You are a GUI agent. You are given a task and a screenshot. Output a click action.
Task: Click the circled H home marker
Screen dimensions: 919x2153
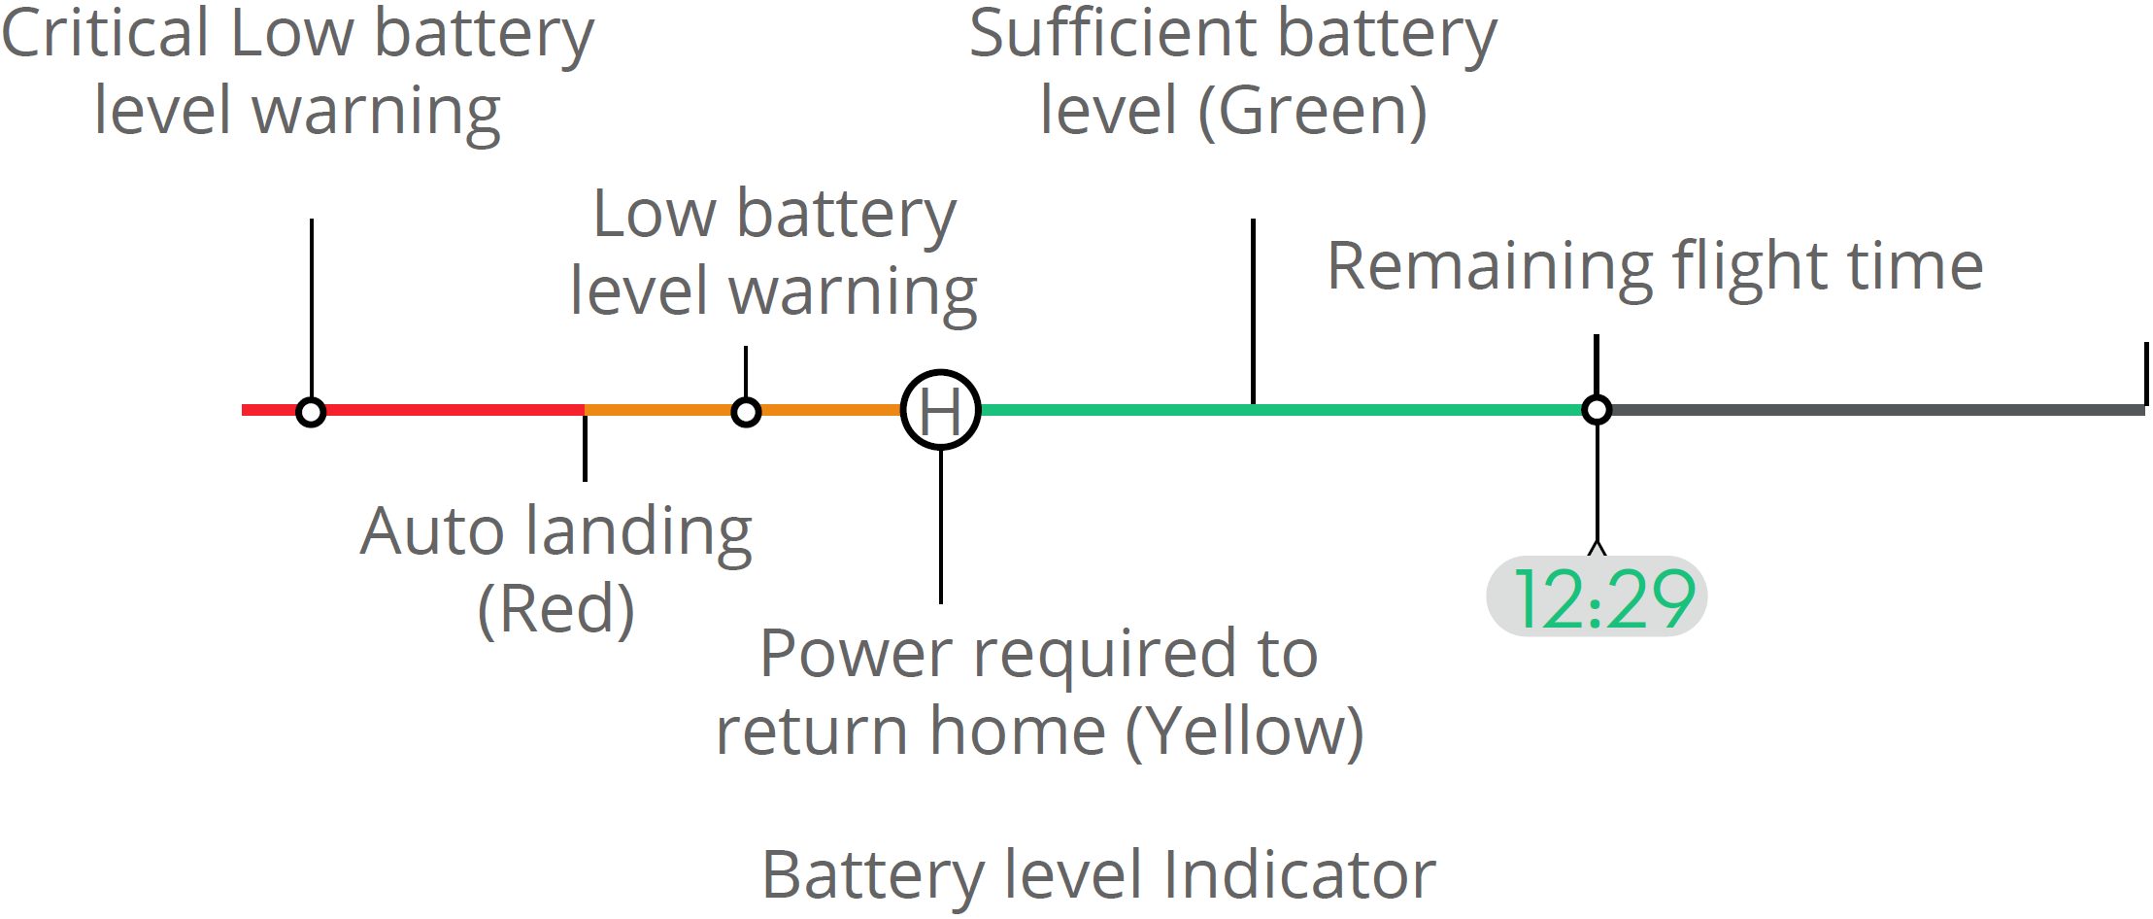pos(940,410)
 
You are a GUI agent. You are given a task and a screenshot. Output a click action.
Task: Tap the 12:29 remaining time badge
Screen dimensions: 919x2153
pos(1597,597)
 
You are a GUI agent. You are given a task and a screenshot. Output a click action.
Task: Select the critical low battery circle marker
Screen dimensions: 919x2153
pos(311,412)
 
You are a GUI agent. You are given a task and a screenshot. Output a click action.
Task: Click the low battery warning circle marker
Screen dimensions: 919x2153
pos(746,412)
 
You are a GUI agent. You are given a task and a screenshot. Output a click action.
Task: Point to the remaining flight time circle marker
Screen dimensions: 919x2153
pos(1597,410)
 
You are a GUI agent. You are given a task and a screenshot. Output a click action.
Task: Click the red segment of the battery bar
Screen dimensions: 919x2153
pos(447,410)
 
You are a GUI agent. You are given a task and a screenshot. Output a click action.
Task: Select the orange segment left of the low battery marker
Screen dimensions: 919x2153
pos(660,410)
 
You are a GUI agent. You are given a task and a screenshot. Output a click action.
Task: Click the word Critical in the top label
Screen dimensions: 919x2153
pos(105,34)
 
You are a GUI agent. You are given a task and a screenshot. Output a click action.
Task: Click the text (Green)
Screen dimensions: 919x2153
pos(1313,111)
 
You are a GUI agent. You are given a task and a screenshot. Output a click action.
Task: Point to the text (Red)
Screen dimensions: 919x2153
pos(555,609)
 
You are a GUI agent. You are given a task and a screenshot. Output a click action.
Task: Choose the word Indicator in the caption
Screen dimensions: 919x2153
pos(1299,874)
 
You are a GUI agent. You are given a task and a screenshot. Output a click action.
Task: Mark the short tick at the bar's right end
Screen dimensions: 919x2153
pos(2145,373)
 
